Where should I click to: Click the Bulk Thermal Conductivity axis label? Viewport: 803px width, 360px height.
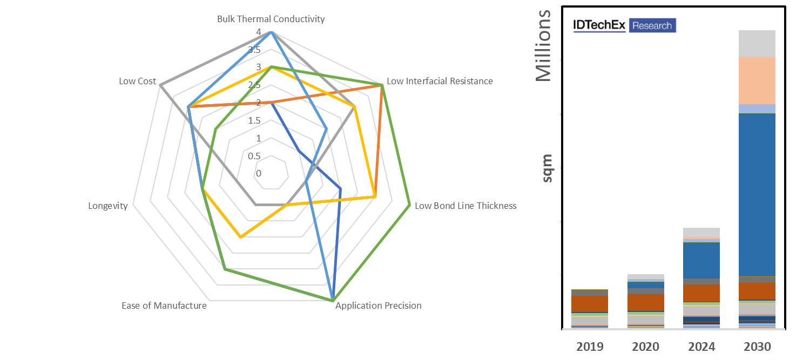(271, 19)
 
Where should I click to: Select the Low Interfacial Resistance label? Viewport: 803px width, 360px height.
(440, 81)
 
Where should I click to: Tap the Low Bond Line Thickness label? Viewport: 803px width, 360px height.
(465, 206)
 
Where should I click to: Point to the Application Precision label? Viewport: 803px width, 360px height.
(378, 305)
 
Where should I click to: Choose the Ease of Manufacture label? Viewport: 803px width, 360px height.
(164, 305)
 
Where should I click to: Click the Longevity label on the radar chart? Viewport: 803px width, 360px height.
(108, 206)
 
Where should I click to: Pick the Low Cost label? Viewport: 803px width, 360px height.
(137, 81)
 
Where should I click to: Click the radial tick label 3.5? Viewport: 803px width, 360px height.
(254, 50)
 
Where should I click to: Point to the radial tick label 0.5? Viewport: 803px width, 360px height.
(254, 156)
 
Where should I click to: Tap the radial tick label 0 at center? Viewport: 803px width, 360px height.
(259, 173)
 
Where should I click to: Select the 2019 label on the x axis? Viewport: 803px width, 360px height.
(589, 346)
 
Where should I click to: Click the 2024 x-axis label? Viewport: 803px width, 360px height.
(701, 346)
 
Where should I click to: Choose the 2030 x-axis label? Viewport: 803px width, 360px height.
(757, 346)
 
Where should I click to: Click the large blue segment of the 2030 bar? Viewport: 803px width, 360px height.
(757, 194)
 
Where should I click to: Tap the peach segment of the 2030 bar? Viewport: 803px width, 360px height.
(757, 80)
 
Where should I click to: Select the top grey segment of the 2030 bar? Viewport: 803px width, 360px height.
(757, 43)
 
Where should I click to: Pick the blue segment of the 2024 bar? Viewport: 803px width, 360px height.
(701, 261)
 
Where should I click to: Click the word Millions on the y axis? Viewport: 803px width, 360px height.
(544, 46)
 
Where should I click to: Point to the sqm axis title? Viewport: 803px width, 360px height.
(546, 168)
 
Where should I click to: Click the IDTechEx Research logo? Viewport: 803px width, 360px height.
(624, 25)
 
